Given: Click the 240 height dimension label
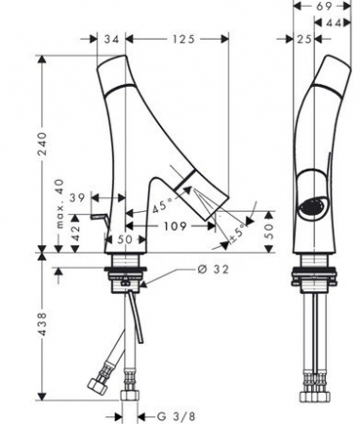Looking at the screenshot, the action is point(42,144).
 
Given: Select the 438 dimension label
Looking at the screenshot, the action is point(42,324).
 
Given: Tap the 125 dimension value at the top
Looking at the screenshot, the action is point(184,40).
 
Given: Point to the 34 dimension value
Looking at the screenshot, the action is point(112,40).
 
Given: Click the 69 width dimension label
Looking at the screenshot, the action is point(324,7).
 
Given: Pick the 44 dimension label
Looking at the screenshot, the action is point(334,23).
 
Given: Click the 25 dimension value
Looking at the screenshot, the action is point(303,40).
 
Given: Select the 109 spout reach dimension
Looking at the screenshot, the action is point(175,226).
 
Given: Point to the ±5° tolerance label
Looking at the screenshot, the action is point(237,233).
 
